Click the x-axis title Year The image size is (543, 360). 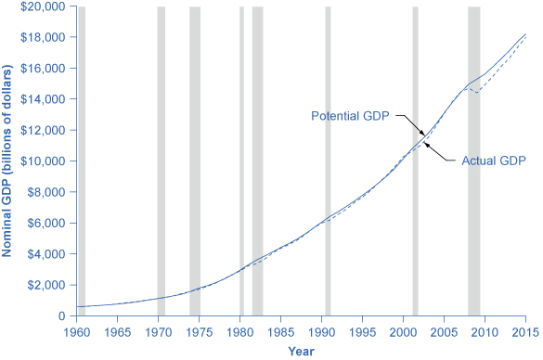pyautogui.click(x=301, y=352)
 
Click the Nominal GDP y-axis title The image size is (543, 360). pyautogui.click(x=11, y=161)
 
